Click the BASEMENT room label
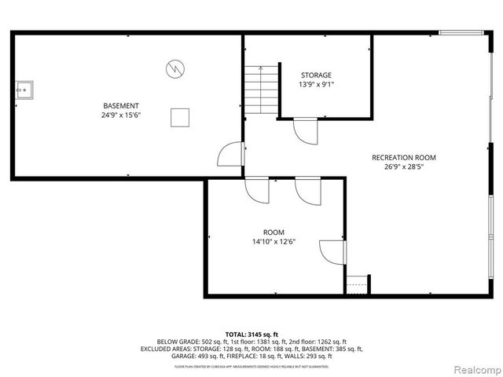121,106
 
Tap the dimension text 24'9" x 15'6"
121,116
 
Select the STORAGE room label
315,75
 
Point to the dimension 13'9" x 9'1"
315,85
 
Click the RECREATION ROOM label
403,157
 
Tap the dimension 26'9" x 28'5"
403,167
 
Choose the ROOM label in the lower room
274,232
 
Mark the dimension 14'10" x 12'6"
274,243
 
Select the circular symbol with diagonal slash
174,68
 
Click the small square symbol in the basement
180,117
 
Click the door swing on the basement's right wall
230,155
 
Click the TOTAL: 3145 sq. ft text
251,335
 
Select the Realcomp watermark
473,368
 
